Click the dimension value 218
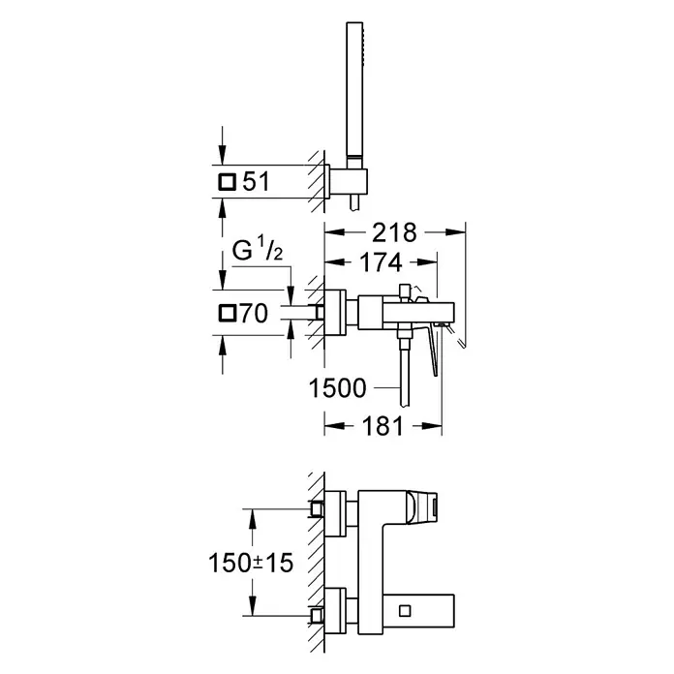tap(394, 232)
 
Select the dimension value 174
tap(381, 262)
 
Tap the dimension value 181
tap(383, 426)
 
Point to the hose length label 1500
tap(337, 387)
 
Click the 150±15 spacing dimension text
tap(251, 563)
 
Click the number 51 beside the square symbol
tap(257, 181)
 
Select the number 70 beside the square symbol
tap(255, 313)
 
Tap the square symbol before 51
tap(227, 181)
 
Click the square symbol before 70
tap(227, 313)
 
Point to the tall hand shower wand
tap(354, 90)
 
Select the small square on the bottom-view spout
tap(405, 610)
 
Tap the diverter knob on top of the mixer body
tap(405, 291)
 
